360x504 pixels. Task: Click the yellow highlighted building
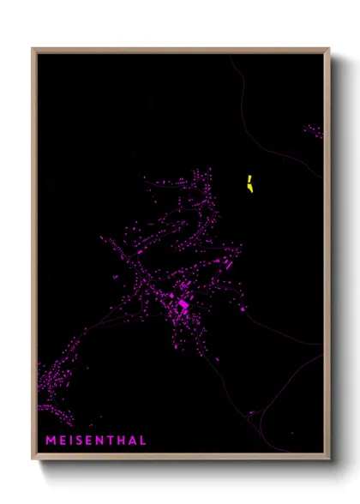tap(249, 184)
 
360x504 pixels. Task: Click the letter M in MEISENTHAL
tap(50, 441)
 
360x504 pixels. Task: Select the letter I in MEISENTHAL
tap(70, 441)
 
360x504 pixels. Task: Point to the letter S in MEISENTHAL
tap(79, 441)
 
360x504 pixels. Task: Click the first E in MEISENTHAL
tap(62, 441)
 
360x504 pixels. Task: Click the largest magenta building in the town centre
tap(183, 304)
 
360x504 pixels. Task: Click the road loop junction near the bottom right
tap(252, 413)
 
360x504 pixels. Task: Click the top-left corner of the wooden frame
tap(33, 49)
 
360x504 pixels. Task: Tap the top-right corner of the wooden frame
tap(328, 49)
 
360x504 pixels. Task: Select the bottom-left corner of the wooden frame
tap(33, 460)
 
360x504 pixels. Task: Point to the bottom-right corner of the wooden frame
tap(328, 460)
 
